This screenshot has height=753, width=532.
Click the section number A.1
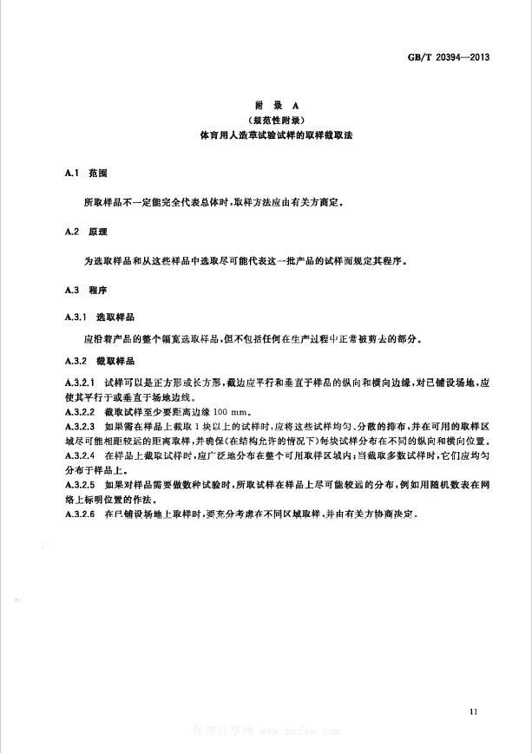(x=72, y=173)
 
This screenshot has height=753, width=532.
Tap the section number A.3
(x=72, y=289)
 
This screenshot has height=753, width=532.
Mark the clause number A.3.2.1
(x=80, y=382)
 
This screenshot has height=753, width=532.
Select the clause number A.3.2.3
(x=80, y=427)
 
